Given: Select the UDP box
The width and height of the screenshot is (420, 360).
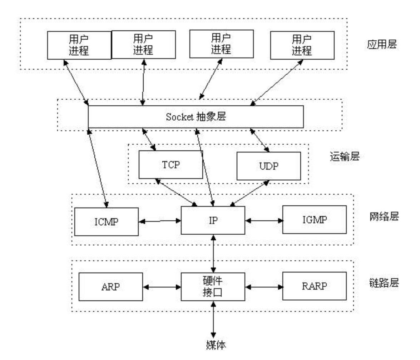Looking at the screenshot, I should click(x=268, y=166).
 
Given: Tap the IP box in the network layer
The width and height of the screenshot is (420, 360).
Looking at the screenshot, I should click(x=213, y=220).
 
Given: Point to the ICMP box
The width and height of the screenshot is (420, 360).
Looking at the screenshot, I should click(x=106, y=222).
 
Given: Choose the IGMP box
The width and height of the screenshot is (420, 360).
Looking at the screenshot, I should click(x=314, y=219).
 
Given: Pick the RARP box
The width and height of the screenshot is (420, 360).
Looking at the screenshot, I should click(x=314, y=286).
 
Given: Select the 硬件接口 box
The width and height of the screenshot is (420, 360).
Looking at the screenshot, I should click(x=213, y=286).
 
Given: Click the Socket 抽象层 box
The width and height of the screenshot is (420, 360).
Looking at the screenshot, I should click(x=196, y=116).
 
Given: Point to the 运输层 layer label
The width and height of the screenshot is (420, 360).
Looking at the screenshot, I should click(x=344, y=156).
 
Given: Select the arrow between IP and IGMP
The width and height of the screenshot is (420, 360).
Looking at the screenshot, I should click(x=264, y=220).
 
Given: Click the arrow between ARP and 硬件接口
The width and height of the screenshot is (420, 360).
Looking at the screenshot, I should click(x=162, y=286).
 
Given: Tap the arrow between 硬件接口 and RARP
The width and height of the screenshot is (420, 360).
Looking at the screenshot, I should click(x=264, y=286).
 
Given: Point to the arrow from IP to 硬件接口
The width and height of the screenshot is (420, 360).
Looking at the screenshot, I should click(x=213, y=253).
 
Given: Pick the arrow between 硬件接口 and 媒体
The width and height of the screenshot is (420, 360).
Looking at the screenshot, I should click(x=213, y=319).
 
